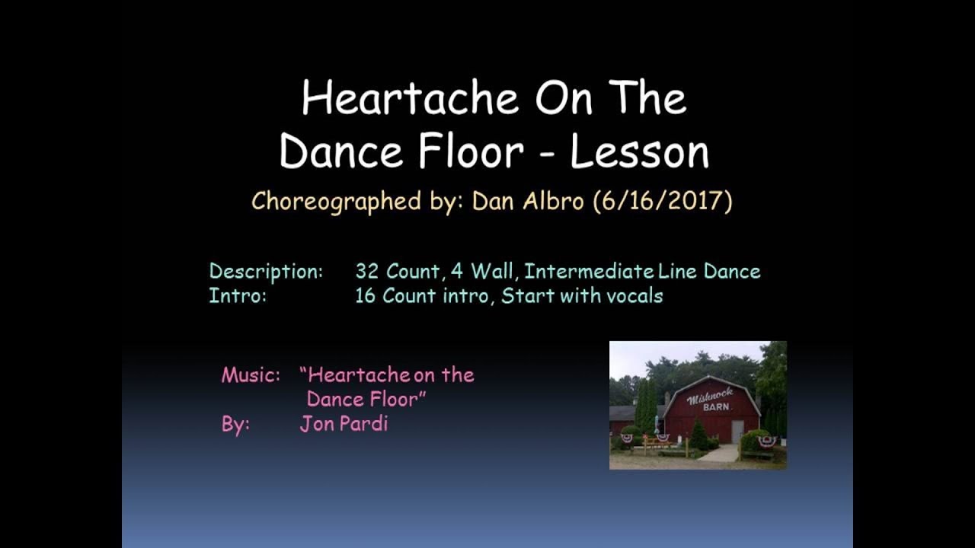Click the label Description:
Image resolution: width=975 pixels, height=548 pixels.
point(266,272)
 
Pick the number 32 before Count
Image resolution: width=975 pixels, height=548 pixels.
point(367,272)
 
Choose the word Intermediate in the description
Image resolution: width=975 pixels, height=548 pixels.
point(589,272)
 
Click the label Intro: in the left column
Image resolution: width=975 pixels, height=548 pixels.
point(238,296)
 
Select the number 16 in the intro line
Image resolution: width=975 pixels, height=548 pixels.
point(366,296)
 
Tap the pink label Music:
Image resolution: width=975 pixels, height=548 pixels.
point(251,375)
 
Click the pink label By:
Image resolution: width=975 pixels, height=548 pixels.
point(235,425)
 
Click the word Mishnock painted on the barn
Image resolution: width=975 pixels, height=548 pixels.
point(710,395)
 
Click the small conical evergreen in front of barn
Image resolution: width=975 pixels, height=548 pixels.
point(699,435)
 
